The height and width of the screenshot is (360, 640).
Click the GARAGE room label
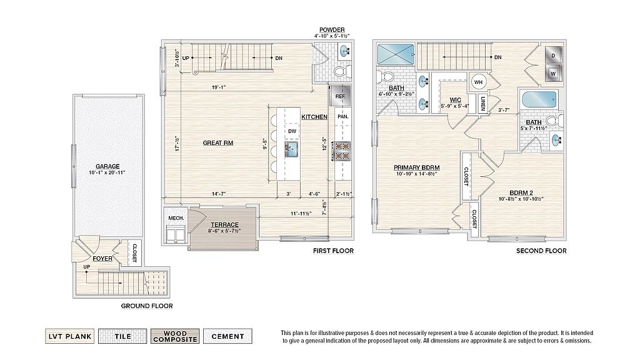click(107, 166)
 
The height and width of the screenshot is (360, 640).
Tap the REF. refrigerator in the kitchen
click(341, 95)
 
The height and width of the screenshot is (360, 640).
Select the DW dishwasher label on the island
click(292, 131)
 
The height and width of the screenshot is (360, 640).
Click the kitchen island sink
click(292, 149)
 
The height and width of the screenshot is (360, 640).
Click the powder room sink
click(345, 52)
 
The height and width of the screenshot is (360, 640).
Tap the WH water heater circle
click(478, 82)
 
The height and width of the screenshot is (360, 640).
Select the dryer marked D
click(554, 55)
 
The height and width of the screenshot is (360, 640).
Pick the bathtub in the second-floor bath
click(539, 99)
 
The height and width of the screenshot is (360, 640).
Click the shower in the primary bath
click(396, 54)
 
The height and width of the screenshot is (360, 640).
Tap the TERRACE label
click(224, 224)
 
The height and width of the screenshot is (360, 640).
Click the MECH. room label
click(176, 218)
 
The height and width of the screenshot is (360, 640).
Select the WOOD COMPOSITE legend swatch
click(175, 336)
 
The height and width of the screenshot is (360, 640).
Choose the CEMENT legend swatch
click(227, 336)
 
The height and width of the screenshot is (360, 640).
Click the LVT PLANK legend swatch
click(70, 336)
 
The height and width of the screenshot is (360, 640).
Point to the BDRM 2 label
click(521, 192)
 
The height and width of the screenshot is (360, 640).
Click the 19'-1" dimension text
click(219, 87)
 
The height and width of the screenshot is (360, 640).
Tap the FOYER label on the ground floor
click(102, 258)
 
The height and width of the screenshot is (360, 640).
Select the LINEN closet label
click(483, 104)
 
